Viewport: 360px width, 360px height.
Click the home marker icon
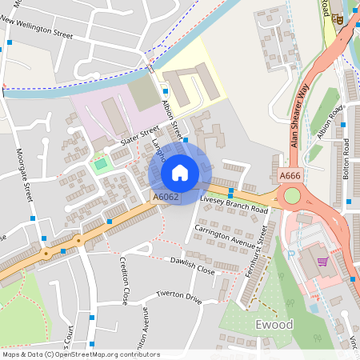coord(180,172)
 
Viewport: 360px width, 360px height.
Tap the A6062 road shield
coord(166,196)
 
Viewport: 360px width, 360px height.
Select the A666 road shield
coord(290,175)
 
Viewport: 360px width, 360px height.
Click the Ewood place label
coord(274,325)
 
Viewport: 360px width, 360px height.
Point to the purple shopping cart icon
coord(322,261)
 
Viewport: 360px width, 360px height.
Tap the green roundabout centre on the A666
coord(292,196)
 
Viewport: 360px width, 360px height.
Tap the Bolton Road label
coord(346,158)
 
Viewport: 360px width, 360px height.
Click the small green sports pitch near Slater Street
coord(100,166)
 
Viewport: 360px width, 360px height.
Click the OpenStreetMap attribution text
coord(81,354)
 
